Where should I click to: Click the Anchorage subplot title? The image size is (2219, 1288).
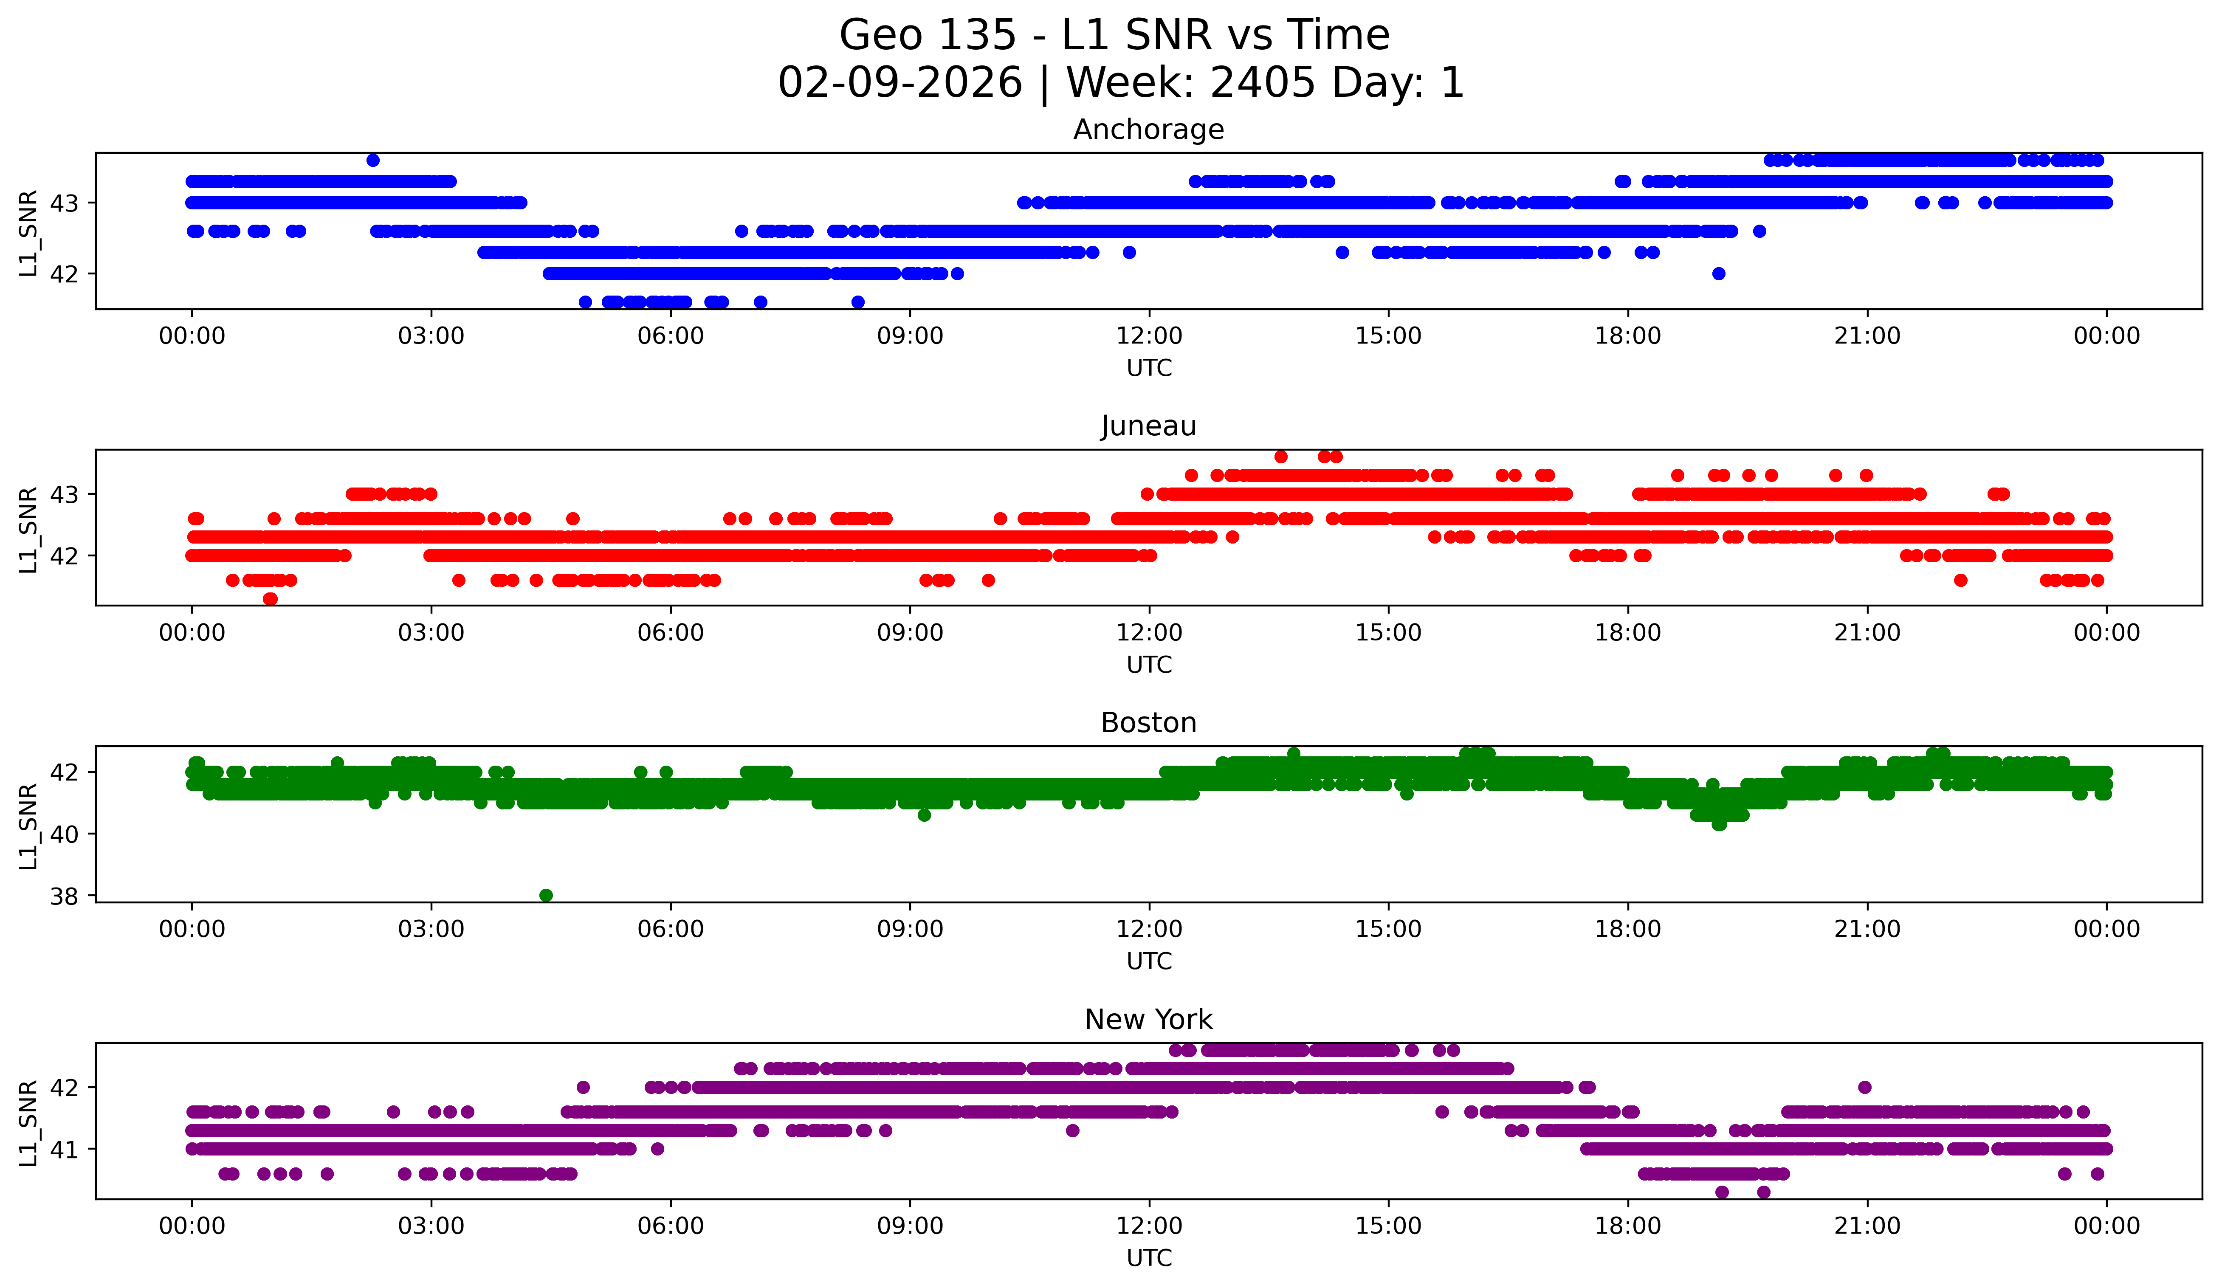(1148, 130)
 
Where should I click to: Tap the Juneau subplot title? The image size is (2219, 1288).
(1148, 426)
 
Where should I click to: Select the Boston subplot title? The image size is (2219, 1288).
(1148, 723)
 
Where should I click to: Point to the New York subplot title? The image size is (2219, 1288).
(1148, 1020)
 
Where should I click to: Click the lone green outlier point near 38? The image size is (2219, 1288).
(546, 895)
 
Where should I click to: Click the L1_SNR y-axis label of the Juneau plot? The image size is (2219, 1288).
(28, 529)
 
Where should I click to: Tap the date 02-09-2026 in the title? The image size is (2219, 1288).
(900, 83)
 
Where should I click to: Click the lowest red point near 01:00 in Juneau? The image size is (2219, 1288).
(271, 599)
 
